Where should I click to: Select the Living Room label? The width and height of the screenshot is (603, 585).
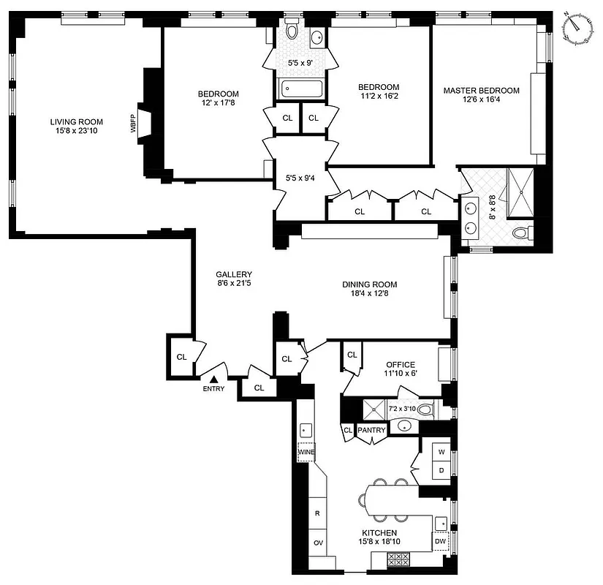pos(76,122)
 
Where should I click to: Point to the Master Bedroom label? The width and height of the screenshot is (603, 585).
pos(482,91)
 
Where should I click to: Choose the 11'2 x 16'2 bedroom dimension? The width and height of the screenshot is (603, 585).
pos(379,97)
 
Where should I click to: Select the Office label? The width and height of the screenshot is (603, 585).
pos(401,365)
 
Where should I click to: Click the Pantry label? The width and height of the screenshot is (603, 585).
pos(371,431)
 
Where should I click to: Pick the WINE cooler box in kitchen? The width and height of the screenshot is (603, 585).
pos(306,453)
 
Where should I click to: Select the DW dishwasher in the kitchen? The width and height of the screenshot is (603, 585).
pos(440,541)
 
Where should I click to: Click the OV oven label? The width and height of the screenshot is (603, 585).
pos(318,543)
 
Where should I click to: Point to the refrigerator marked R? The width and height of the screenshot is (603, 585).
pos(317,513)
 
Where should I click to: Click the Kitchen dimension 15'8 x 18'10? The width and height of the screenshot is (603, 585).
pos(379,543)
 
